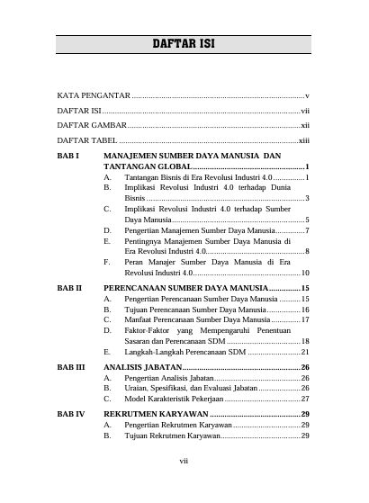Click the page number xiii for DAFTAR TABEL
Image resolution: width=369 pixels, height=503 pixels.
[304, 140]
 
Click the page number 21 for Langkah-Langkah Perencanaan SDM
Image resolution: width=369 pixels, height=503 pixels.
[305, 352]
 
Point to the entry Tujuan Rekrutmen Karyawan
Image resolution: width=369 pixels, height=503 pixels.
[172, 436]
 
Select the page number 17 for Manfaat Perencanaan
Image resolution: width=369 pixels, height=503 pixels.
[305, 319]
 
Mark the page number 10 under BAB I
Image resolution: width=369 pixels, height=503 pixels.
[305, 273]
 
